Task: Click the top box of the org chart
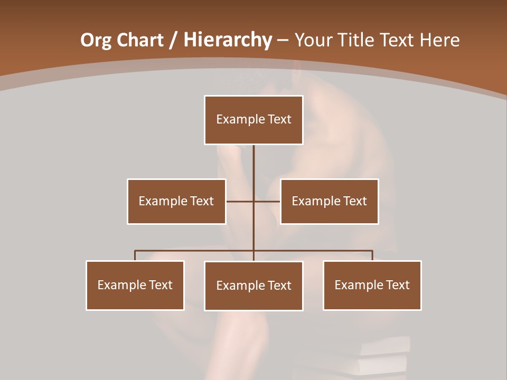pyautogui.click(x=253, y=120)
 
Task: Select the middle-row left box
pyautogui.click(x=176, y=201)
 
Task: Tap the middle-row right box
pyautogui.click(x=329, y=201)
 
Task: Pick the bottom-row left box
pyautogui.click(x=135, y=285)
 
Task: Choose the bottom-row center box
pyautogui.click(x=253, y=286)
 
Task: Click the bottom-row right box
pyautogui.click(x=372, y=285)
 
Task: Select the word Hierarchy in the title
pyautogui.click(x=227, y=40)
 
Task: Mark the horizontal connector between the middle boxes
pyautogui.click(x=267, y=201)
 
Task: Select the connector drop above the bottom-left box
pyautogui.click(x=135, y=255)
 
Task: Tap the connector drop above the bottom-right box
pyautogui.click(x=372, y=255)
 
